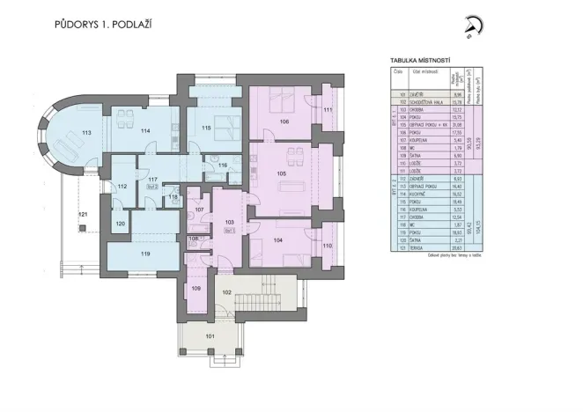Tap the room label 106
[x=284, y=121]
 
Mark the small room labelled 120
[x=121, y=225]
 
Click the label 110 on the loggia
[x=327, y=247]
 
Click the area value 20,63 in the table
[x=456, y=249]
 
